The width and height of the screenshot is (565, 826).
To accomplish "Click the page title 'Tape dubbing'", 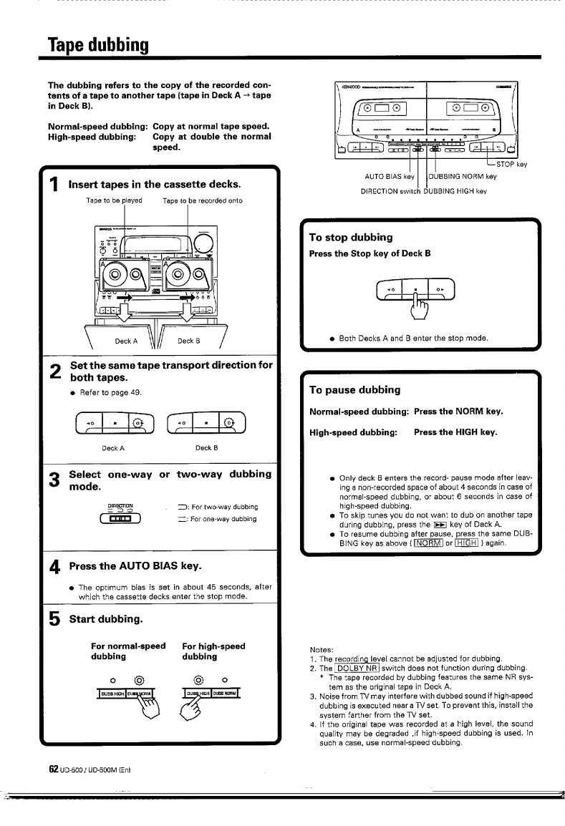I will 98,47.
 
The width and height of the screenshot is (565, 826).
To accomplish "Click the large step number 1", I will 53,187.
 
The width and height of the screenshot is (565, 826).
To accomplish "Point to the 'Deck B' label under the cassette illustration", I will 188,341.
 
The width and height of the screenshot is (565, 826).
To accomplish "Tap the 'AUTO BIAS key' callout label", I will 390,176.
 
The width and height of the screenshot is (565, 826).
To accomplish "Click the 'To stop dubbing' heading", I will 351,237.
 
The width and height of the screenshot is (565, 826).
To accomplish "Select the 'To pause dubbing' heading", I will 354,390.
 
